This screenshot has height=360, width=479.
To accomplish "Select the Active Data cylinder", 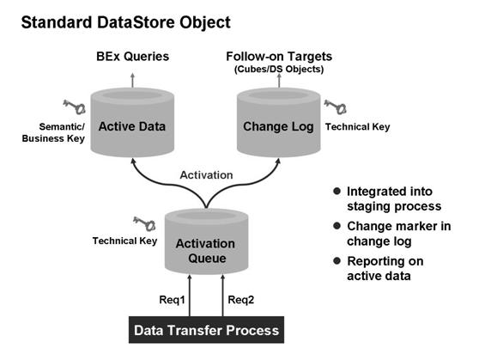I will click(131, 126).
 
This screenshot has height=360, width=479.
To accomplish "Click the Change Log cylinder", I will click(276, 126).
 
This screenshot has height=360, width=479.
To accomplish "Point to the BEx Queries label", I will click(131, 57).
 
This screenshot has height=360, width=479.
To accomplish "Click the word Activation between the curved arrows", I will click(205, 174).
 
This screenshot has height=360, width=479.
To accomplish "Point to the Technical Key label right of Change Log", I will click(358, 126).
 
